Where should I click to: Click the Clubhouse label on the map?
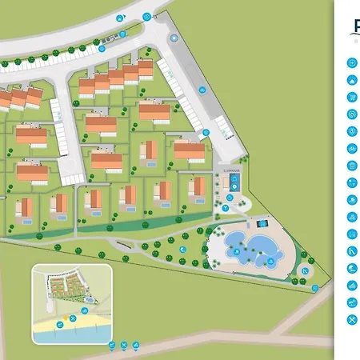pyautogui.click(x=230, y=170)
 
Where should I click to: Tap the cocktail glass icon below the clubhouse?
pyautogui.click(x=226, y=208)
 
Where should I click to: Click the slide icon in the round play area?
pyautogui.click(x=305, y=270)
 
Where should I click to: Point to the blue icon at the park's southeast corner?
pyautogui.click(x=315, y=288)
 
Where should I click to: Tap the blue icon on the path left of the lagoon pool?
pyautogui.click(x=183, y=250)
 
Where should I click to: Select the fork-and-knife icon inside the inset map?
pyautogui.click(x=72, y=318)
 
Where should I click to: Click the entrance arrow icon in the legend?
pyautogui.click(x=352, y=62)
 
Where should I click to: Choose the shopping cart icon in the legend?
pyautogui.click(x=352, y=97)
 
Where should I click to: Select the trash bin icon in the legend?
pyautogui.click(x=352, y=166)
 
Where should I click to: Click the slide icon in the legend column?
pyautogui.click(x=352, y=251)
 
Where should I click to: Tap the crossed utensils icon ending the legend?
pyautogui.click(x=352, y=320)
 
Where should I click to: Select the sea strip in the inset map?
pyautogui.click(x=72, y=334)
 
